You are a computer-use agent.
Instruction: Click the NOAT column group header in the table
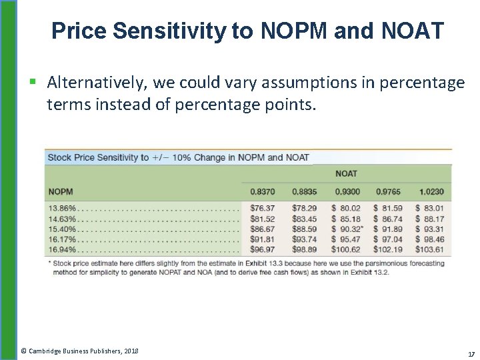tap(346, 173)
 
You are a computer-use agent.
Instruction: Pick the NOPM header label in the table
tap(61, 192)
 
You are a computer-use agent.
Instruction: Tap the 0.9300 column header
tap(346, 192)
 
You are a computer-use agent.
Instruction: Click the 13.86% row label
tap(62, 208)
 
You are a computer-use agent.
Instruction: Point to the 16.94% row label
tap(62, 249)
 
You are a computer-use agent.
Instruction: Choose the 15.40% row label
tap(62, 229)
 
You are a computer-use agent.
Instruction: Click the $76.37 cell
tap(262, 208)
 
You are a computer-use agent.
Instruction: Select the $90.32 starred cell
tap(347, 229)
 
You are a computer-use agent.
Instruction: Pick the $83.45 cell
tap(304, 219)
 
